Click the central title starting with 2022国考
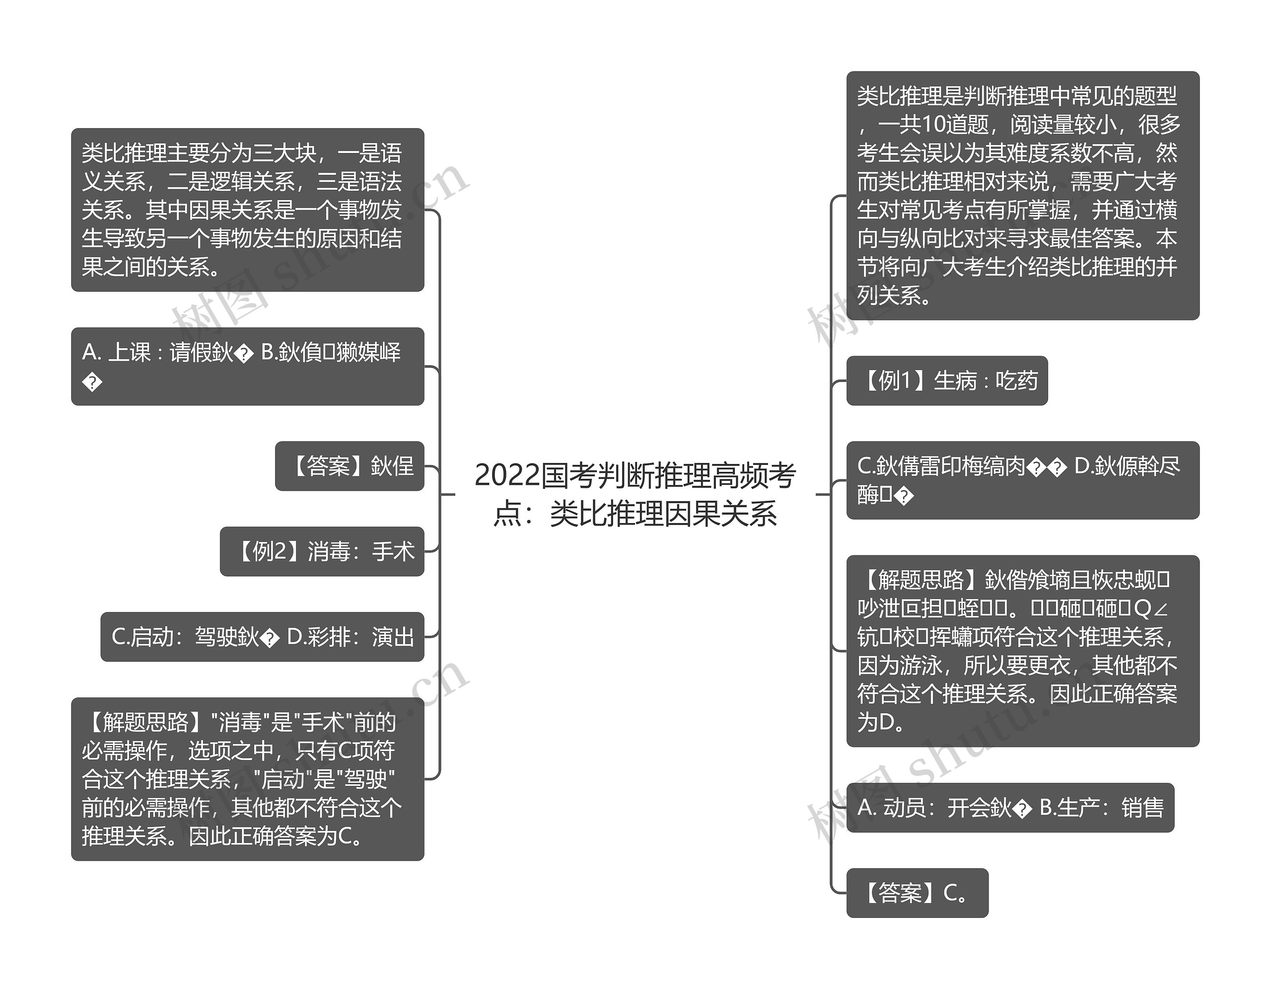tap(635, 494)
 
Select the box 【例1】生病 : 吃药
tap(946, 380)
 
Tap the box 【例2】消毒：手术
tap(322, 551)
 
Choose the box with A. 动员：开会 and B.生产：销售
tap(1010, 807)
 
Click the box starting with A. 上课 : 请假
tap(247, 366)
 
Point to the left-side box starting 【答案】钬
tap(349, 465)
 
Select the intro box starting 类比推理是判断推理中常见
tap(1022, 196)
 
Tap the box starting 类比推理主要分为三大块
tap(247, 210)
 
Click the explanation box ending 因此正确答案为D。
tap(1022, 651)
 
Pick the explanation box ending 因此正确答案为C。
tap(247, 779)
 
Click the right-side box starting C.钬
tap(1022, 480)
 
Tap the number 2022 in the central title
tap(507, 475)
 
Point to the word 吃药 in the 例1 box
tap(1017, 380)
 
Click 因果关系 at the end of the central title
tap(720, 514)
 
